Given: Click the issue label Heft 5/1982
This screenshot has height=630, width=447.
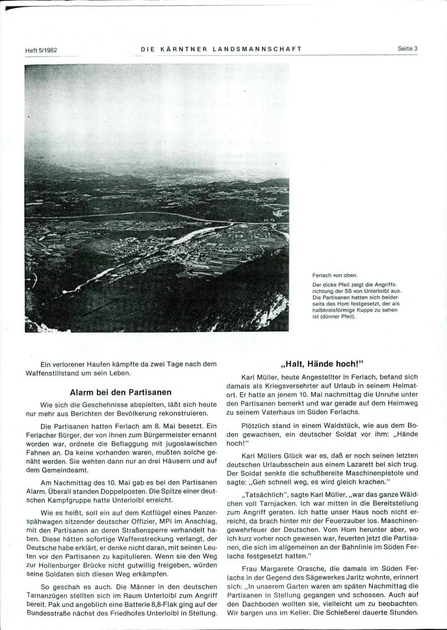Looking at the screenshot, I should coord(42,50).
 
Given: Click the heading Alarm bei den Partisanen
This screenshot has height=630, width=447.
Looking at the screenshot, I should coord(121,392).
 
